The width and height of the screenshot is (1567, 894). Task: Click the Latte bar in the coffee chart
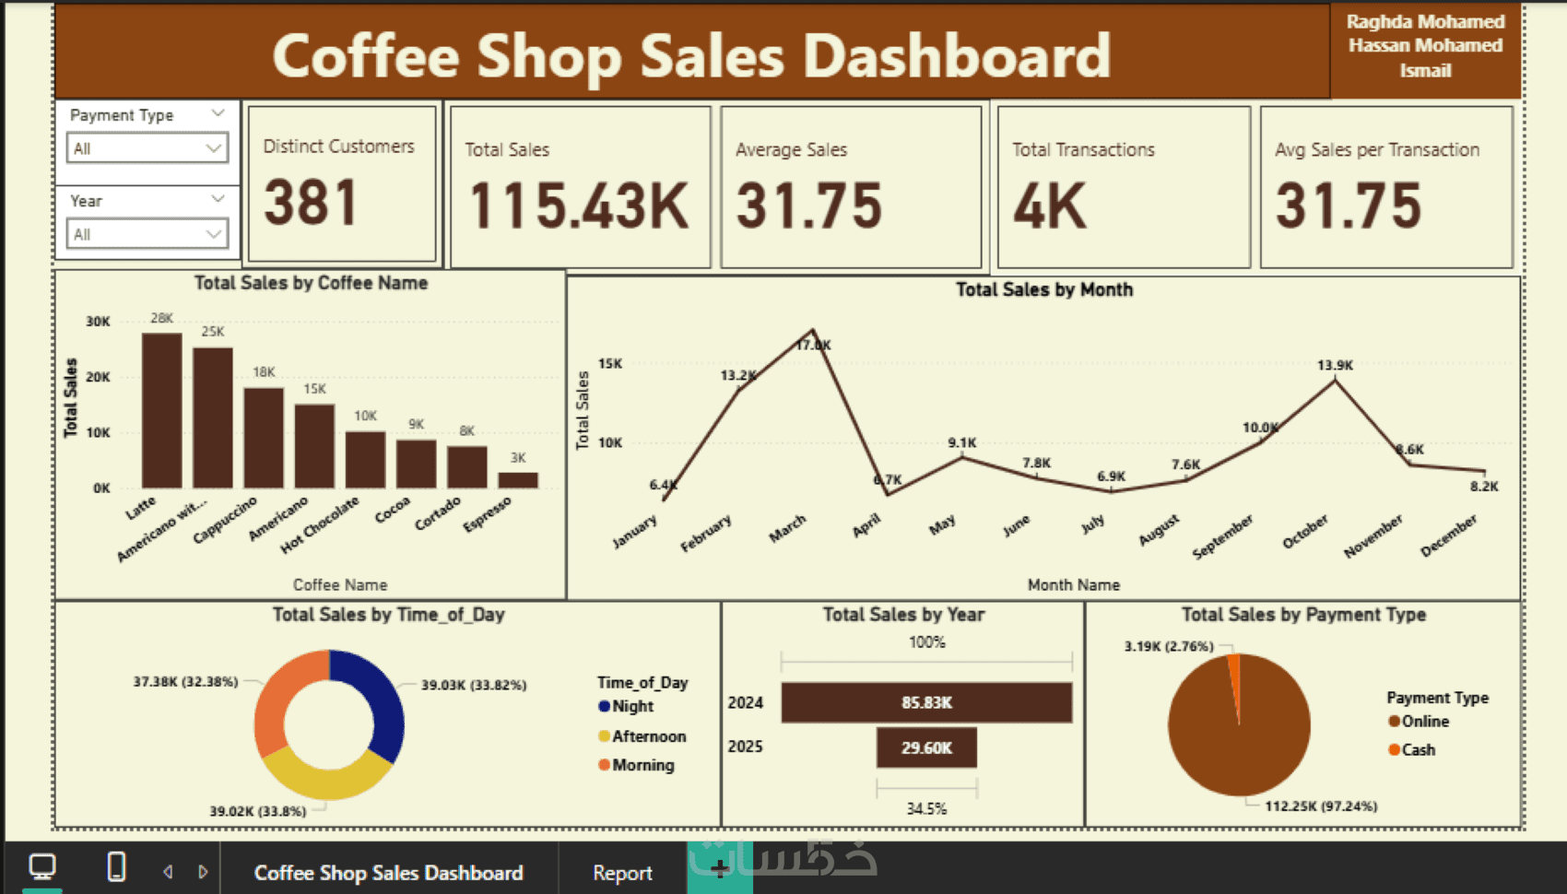click(x=161, y=410)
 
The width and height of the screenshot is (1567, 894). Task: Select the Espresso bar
click(x=517, y=480)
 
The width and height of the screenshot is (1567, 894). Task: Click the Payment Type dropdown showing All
click(x=147, y=148)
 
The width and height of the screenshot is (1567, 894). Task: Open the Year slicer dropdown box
click(x=147, y=234)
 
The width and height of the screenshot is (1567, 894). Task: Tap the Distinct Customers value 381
click(x=311, y=204)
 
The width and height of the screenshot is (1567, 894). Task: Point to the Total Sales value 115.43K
click(x=579, y=206)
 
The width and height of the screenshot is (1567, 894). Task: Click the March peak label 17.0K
click(x=814, y=345)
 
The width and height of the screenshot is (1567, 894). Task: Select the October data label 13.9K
click(x=1335, y=366)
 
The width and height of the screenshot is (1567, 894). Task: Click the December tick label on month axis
click(x=1448, y=535)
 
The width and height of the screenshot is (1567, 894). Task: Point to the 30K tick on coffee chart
click(x=98, y=322)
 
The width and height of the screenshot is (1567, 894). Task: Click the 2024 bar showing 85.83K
click(x=926, y=702)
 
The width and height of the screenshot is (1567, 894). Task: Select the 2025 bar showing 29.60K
click(x=926, y=747)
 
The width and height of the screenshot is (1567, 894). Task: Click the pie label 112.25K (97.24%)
click(x=1321, y=806)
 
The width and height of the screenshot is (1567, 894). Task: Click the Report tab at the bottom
click(x=622, y=873)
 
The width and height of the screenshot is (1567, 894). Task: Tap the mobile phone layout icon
click(x=116, y=867)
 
